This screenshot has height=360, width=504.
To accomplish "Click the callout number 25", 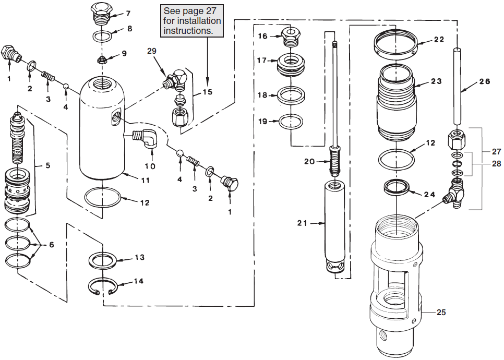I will tap(441, 313).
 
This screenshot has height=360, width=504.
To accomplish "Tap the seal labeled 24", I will tap(396, 187).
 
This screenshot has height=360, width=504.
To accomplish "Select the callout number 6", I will tap(51, 245).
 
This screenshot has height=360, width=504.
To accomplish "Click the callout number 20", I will tap(308, 161).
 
